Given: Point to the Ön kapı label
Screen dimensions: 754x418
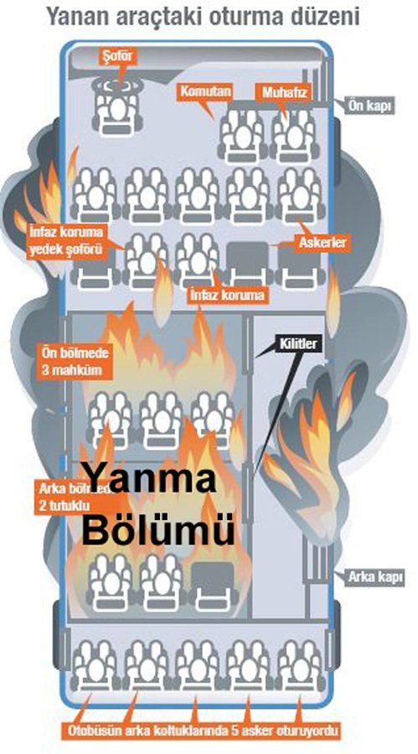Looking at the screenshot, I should click(x=369, y=106).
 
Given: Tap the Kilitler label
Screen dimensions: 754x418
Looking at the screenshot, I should click(x=298, y=343).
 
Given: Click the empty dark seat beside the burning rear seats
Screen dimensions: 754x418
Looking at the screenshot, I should click(x=211, y=583).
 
